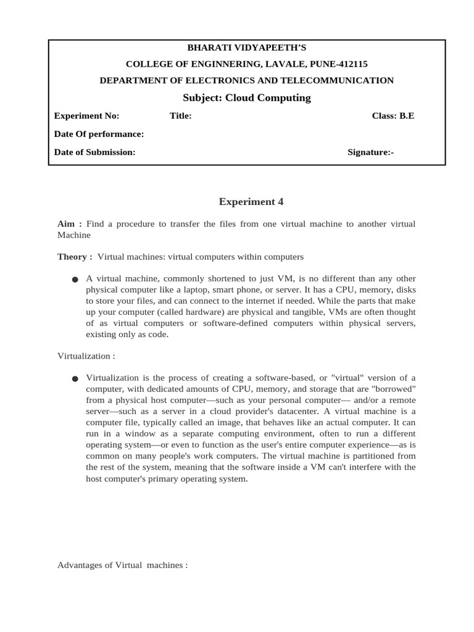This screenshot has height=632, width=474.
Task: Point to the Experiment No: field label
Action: (x=87, y=115)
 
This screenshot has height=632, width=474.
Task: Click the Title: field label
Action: (x=180, y=115)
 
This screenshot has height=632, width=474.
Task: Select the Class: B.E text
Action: (x=393, y=115)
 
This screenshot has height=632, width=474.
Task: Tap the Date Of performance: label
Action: (x=99, y=134)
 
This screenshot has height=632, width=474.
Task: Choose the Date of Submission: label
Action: (x=95, y=152)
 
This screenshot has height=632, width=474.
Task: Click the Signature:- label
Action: (x=370, y=152)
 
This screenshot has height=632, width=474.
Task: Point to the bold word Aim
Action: (x=67, y=223)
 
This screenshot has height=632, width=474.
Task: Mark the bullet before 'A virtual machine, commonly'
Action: (x=75, y=280)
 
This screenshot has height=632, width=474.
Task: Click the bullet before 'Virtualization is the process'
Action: (x=75, y=378)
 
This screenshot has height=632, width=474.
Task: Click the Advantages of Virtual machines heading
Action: (x=122, y=565)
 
